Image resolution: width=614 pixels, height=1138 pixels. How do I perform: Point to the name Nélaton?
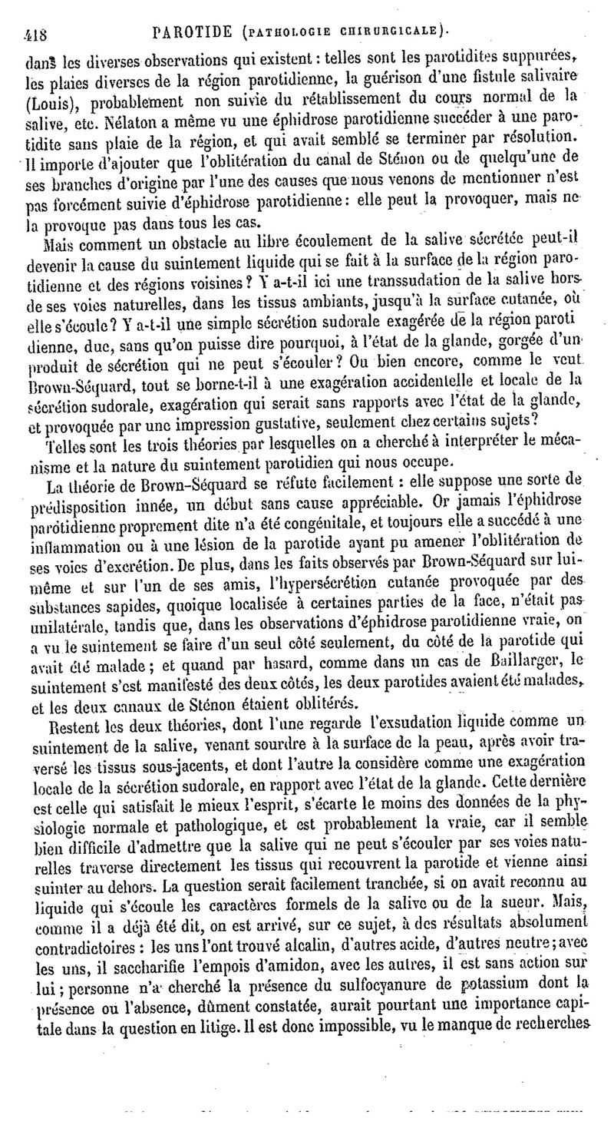124,122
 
